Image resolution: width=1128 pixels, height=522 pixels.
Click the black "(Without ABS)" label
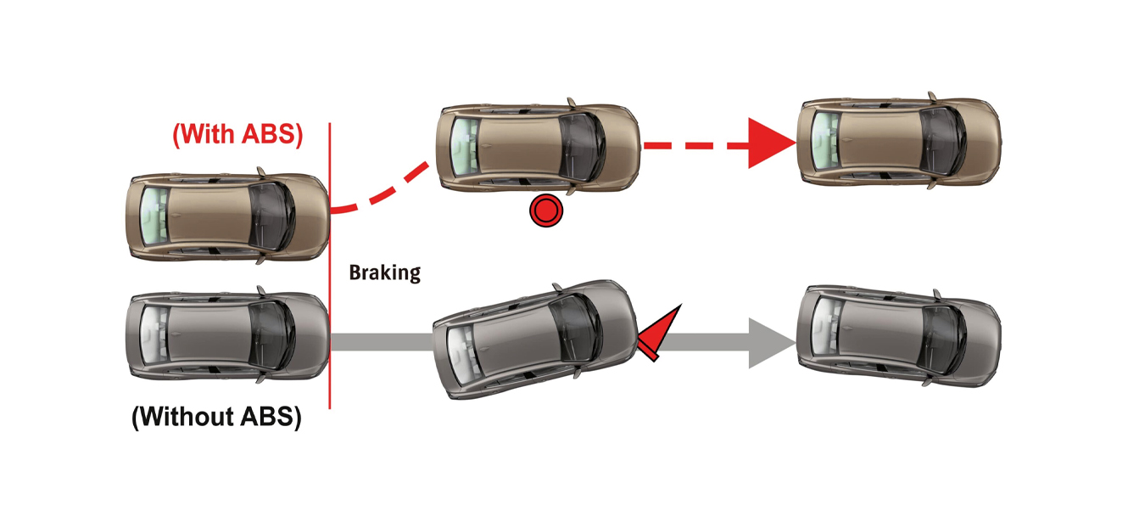pos(216,417)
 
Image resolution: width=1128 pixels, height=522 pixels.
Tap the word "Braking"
pos(384,272)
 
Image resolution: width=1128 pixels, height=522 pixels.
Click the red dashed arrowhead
pos(769,145)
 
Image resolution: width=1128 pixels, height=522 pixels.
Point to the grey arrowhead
pos(769,343)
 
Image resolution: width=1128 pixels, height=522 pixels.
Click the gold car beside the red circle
pos(538,144)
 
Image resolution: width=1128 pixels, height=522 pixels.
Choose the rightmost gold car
pos(899,139)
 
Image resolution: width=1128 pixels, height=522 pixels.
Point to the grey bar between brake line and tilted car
pos(382,342)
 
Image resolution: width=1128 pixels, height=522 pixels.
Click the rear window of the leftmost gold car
pos(155,216)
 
